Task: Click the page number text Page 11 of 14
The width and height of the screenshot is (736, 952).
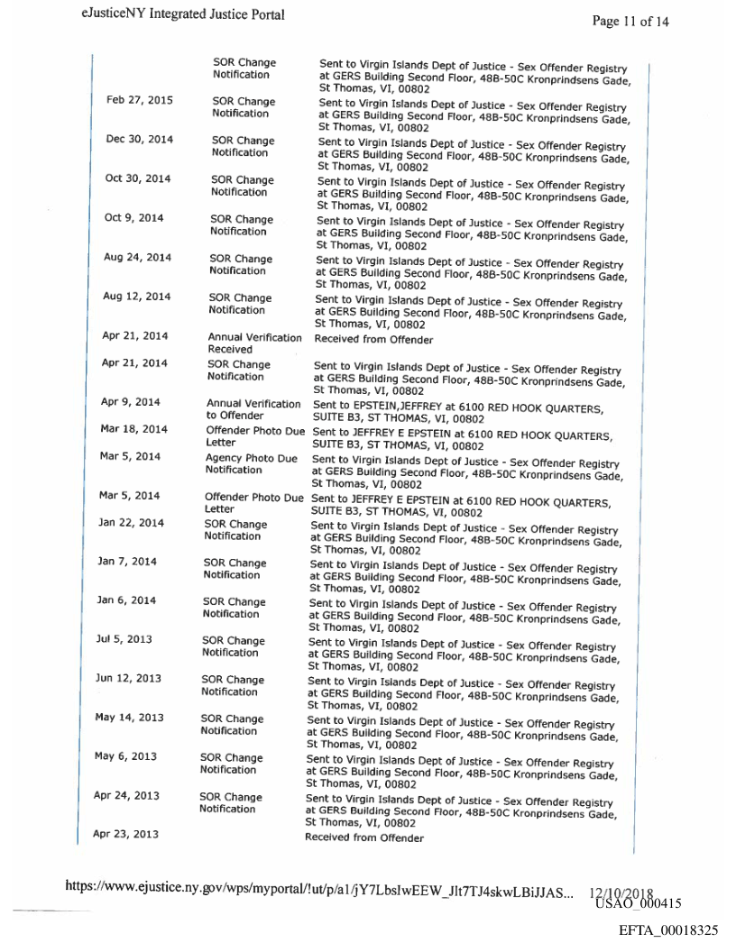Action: (x=630, y=22)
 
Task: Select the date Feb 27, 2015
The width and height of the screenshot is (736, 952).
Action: (x=140, y=100)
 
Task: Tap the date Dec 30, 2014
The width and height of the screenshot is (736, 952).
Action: (x=139, y=139)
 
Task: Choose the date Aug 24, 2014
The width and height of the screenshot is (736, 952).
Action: (x=137, y=257)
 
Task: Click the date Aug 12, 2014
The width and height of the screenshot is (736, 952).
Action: (x=137, y=297)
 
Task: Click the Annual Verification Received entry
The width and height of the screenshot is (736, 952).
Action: (x=254, y=343)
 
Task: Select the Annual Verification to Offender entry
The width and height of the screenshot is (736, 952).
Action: (x=253, y=409)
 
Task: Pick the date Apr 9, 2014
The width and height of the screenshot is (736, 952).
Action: (x=131, y=402)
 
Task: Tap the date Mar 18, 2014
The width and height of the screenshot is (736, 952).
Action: (x=133, y=428)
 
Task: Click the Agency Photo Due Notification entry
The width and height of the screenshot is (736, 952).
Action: (x=251, y=463)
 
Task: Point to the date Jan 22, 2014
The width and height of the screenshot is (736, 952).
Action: (x=131, y=522)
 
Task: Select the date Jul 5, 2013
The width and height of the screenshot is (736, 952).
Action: (x=124, y=639)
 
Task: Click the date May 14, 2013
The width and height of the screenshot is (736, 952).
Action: (x=129, y=718)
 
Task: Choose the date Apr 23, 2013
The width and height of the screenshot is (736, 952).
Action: (x=125, y=834)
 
